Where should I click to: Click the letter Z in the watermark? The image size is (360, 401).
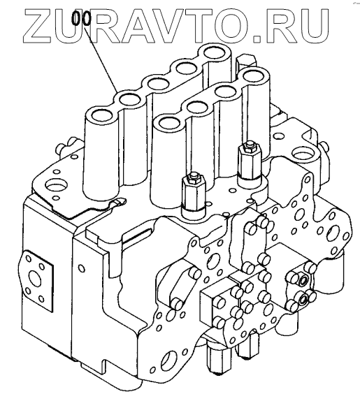38,26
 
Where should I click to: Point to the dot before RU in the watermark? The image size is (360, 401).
257,38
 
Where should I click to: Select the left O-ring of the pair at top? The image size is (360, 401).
75,18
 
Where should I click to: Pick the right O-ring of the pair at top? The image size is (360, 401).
87,18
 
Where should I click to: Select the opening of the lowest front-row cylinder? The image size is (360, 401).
170,122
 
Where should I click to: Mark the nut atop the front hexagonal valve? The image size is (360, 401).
193,177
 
